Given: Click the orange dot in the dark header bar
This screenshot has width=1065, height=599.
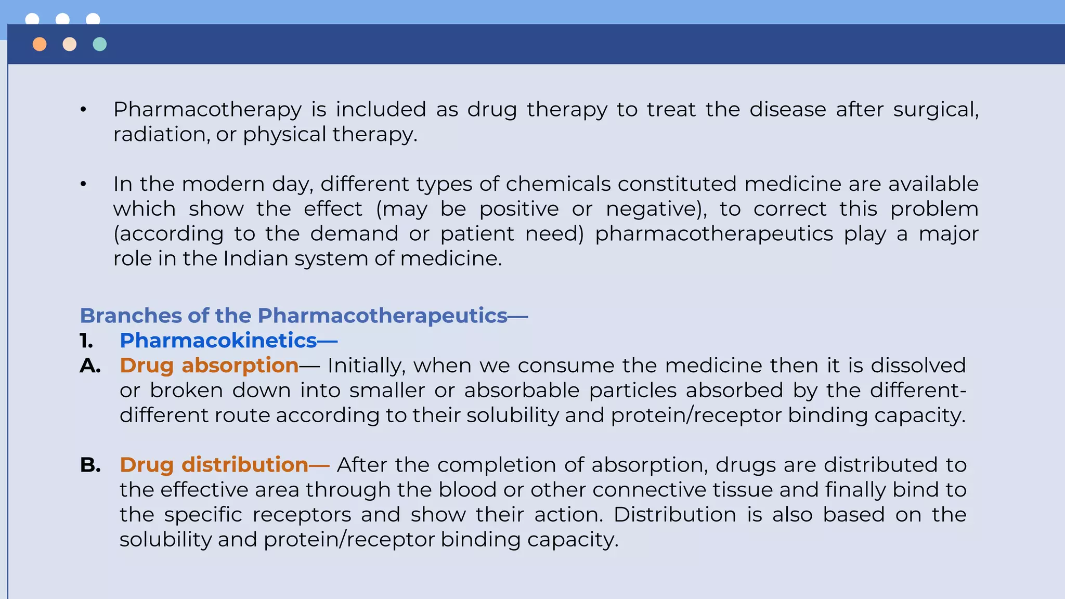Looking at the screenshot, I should (x=40, y=44).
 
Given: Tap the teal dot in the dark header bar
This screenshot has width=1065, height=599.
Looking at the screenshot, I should (x=100, y=44).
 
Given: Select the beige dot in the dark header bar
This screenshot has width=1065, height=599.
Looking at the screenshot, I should (x=70, y=44).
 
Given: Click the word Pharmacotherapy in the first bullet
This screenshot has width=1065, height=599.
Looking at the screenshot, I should (x=207, y=110).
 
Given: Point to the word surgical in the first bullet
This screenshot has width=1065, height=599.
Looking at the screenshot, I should (x=936, y=110).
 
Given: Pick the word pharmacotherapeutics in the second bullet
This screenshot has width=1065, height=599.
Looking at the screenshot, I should (x=714, y=234).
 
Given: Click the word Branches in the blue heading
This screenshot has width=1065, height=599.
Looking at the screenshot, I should (x=131, y=316).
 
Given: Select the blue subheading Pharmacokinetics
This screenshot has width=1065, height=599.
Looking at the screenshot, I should (x=218, y=341).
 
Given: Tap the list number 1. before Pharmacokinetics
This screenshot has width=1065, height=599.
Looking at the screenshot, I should (x=86, y=341).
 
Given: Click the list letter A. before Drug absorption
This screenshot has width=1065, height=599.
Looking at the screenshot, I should (x=90, y=366).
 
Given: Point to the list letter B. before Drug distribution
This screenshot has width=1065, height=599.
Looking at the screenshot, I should (x=90, y=465).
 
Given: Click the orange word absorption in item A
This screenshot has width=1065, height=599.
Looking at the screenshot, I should (x=240, y=366).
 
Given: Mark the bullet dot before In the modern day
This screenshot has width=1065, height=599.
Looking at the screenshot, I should (x=83, y=184).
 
